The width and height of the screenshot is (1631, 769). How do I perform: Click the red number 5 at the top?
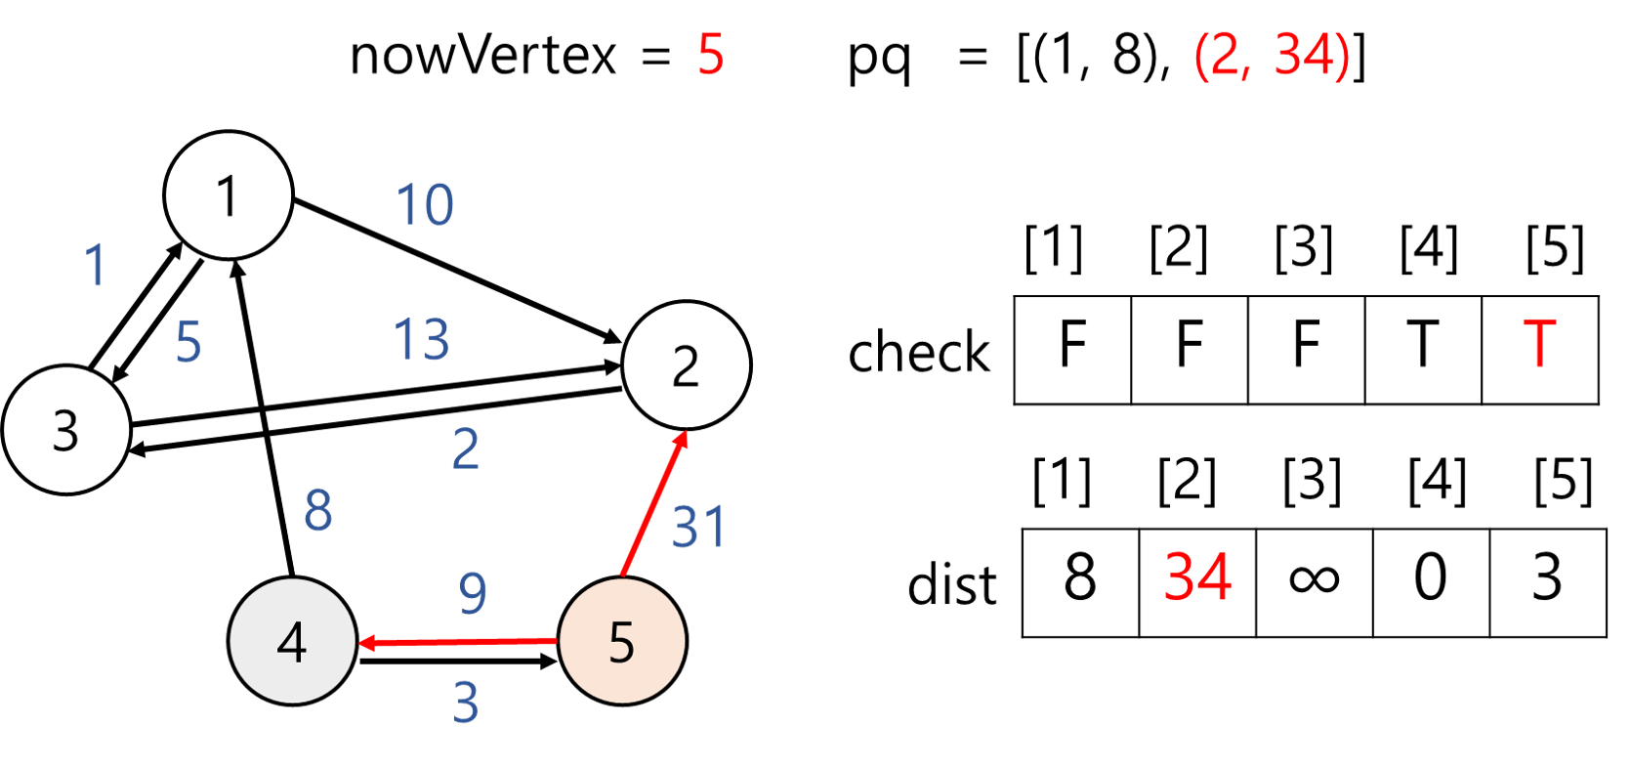[x=711, y=54]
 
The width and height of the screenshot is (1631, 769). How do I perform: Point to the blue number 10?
[x=425, y=204]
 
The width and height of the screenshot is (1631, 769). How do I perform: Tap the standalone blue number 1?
[x=95, y=265]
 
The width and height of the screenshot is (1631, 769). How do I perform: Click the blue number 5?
[x=188, y=341]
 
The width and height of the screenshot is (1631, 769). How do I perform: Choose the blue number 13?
[x=421, y=340]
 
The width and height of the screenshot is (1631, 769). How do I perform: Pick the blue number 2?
[x=465, y=449]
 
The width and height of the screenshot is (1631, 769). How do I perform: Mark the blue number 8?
[x=317, y=510]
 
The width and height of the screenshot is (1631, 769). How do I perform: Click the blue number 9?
[x=473, y=593]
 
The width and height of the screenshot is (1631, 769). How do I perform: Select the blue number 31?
[x=699, y=528]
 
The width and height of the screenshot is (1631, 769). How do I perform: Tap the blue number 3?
[x=466, y=702]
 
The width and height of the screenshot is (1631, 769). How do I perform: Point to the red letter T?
[x=1539, y=343]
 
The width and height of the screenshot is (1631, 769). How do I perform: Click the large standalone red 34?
[x=1198, y=577]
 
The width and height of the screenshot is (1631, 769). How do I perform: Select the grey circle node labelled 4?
[x=292, y=641]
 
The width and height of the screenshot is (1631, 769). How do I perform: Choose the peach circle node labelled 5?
[x=622, y=641]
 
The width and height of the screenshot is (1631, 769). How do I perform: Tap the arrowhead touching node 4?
[x=367, y=642]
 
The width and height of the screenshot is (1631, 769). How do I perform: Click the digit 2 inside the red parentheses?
[x=1224, y=55]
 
